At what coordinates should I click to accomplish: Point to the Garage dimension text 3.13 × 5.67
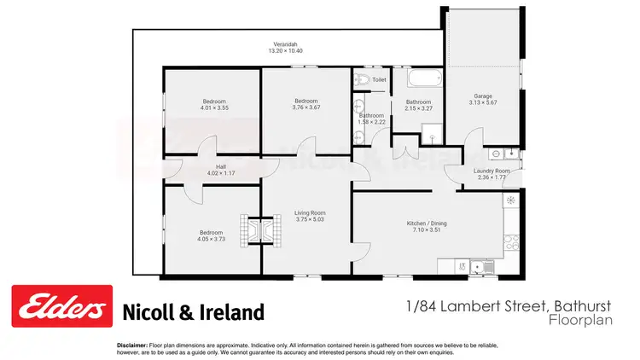tap(483, 102)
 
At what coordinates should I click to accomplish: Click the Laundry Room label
tap(492, 171)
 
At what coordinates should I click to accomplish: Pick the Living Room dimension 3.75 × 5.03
tap(310, 219)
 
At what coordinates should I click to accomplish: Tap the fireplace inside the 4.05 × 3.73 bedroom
tap(251, 229)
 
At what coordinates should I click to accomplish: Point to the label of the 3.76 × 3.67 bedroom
tap(305, 101)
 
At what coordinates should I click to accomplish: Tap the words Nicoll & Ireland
tap(195, 311)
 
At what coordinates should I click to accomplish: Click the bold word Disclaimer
tap(133, 344)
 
